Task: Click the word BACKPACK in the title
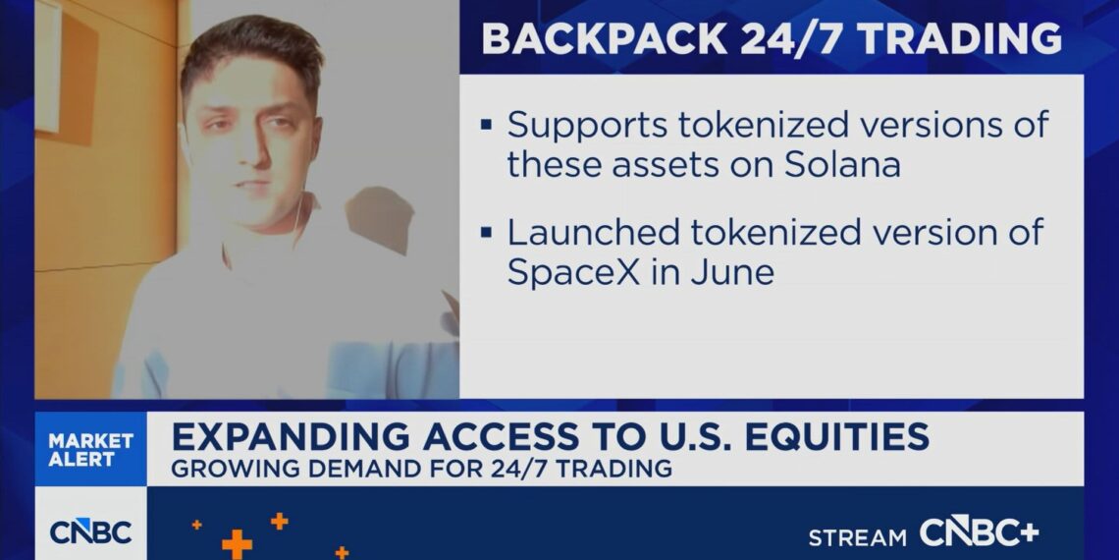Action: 606,38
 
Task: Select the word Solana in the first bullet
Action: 843,165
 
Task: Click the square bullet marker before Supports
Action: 487,125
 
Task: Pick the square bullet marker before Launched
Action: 487,232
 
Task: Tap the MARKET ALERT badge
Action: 90,450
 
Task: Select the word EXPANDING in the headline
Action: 292,436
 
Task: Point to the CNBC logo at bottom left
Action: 90,532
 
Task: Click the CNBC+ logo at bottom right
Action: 979,532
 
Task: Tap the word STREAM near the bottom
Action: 858,537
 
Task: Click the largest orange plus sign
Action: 237,544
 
